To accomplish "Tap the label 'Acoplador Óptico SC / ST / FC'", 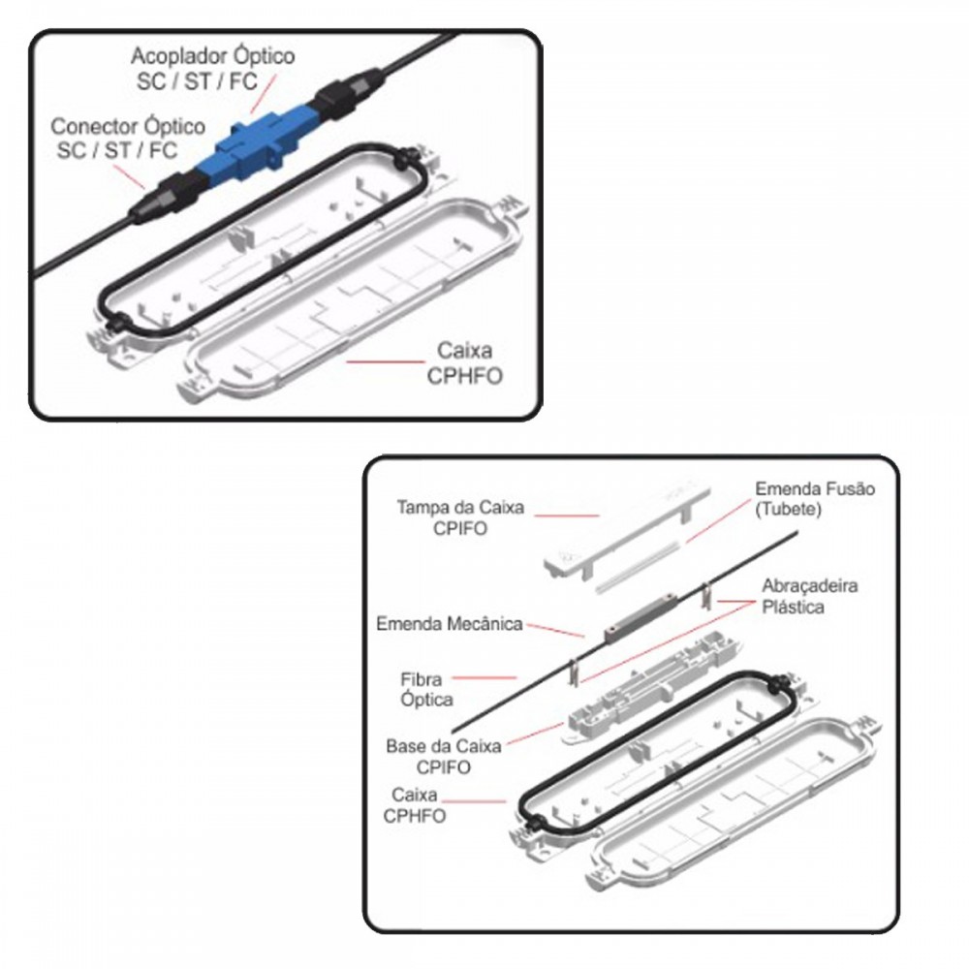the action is coord(213,68).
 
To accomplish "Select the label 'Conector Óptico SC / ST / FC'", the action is coord(128,138).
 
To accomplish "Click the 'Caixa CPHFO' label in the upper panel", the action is coord(465,362).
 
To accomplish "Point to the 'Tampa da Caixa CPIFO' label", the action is coord(460,517).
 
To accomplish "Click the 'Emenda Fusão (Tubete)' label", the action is coord(815,499).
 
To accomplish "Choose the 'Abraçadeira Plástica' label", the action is coord(809,596).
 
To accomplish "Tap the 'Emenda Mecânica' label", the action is coord(450,623).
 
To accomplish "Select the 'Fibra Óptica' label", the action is coord(426,689).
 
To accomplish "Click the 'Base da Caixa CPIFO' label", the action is coord(443,757).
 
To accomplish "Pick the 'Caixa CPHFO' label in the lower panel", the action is coord(414,804).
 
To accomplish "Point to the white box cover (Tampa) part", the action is coord(626,534).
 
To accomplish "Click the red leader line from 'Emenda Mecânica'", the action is coord(555,631).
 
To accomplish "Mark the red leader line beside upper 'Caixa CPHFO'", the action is coord(385,361).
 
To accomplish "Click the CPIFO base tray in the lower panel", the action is coord(652,686).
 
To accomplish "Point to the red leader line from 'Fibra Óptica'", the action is coord(484,678).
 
